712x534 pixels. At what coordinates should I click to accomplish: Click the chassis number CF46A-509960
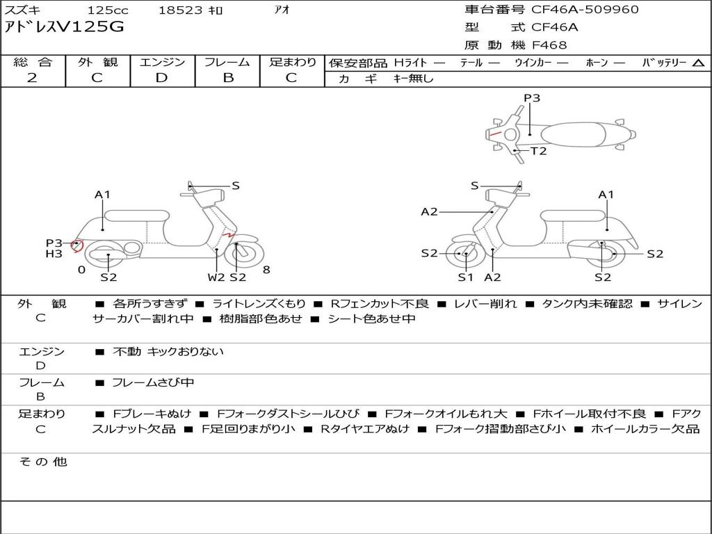(x=585, y=9)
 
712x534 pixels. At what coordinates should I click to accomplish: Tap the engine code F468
(x=549, y=45)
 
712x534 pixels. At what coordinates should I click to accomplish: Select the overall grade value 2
(x=32, y=78)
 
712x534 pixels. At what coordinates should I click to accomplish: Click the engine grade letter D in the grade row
(x=161, y=78)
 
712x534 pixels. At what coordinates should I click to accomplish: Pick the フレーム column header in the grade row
(x=227, y=62)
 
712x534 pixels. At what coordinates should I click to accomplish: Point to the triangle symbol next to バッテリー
(x=698, y=63)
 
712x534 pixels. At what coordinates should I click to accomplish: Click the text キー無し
(x=413, y=79)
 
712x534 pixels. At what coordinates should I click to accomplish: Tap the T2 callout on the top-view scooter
(x=539, y=151)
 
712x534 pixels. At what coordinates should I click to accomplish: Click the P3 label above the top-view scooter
(x=532, y=98)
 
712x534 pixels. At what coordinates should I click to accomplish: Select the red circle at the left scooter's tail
(x=77, y=245)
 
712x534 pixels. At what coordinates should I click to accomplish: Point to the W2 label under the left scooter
(x=216, y=277)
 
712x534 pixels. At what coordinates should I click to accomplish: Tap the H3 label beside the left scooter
(x=54, y=254)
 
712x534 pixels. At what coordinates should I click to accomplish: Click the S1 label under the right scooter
(x=465, y=277)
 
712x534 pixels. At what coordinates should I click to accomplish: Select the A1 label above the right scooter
(x=606, y=195)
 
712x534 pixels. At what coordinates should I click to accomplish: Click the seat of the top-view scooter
(x=573, y=135)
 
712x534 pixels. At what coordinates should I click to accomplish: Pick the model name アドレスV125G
(x=63, y=27)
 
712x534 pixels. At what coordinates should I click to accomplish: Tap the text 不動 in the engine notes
(x=127, y=351)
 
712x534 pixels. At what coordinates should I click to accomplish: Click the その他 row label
(x=43, y=462)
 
